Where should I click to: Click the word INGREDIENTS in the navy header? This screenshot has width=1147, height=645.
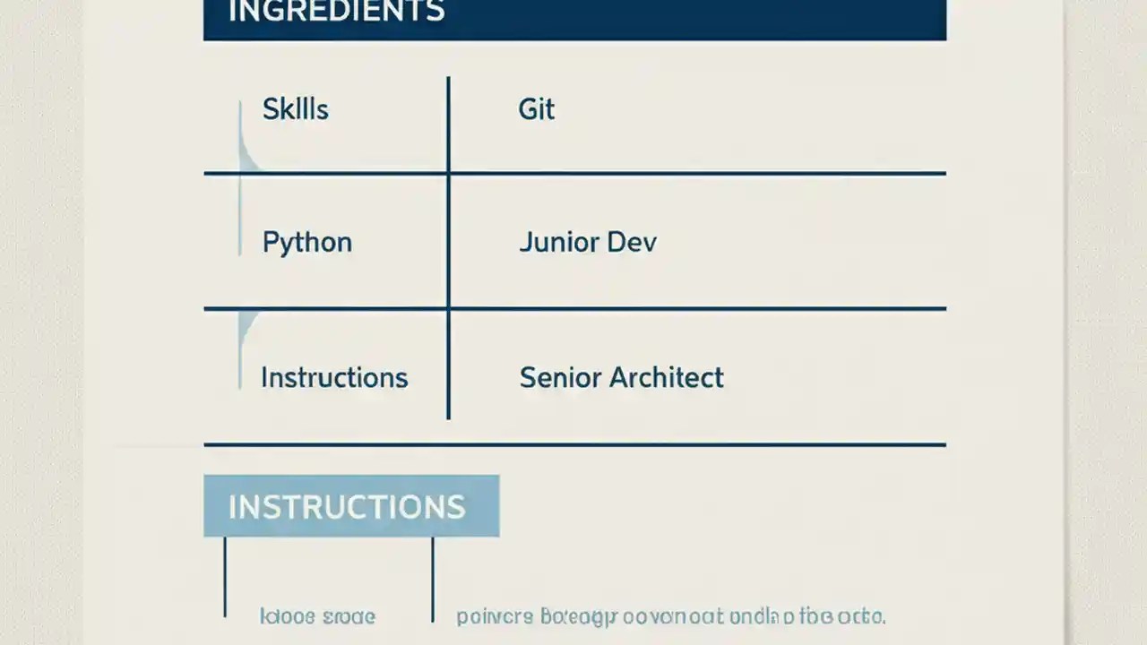336,12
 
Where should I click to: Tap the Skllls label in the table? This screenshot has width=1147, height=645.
295,109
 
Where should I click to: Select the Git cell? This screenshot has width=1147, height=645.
536,109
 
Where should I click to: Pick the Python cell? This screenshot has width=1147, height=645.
306,243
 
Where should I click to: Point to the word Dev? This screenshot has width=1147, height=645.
632,243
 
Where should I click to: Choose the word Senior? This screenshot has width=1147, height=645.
560,377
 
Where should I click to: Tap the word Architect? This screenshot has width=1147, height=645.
666,377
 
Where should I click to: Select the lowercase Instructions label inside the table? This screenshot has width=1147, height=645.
334,377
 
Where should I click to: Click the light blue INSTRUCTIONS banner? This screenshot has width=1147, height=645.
350,506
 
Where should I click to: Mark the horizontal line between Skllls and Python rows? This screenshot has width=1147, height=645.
574,173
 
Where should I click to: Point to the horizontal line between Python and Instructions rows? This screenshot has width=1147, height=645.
574,308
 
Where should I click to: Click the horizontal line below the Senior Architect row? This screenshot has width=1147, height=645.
574,443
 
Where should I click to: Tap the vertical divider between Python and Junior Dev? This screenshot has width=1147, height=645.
448,242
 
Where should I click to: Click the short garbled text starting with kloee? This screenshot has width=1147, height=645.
317,616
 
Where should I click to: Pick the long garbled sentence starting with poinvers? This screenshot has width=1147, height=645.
670,616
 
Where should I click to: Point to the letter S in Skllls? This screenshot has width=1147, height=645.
270,109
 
